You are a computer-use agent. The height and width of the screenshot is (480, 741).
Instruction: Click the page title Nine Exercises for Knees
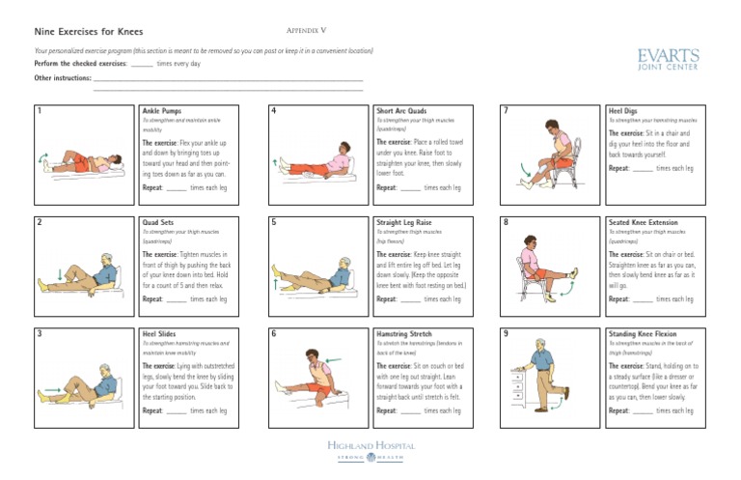(89, 32)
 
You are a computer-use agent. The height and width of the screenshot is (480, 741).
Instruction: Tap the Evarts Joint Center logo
(669, 61)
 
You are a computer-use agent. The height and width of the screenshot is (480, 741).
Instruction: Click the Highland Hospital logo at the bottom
(370, 450)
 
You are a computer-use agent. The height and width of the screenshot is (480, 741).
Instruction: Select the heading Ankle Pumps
(161, 111)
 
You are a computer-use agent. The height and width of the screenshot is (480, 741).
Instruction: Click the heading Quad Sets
(158, 222)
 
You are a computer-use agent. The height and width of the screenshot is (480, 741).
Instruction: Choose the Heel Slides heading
(160, 333)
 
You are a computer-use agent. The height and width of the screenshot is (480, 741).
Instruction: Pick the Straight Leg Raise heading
(403, 222)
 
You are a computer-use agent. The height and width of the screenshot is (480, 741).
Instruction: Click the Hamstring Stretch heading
(402, 333)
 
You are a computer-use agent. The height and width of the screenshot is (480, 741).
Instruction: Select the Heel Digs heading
(623, 111)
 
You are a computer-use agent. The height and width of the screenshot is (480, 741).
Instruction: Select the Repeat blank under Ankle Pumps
(176, 188)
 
